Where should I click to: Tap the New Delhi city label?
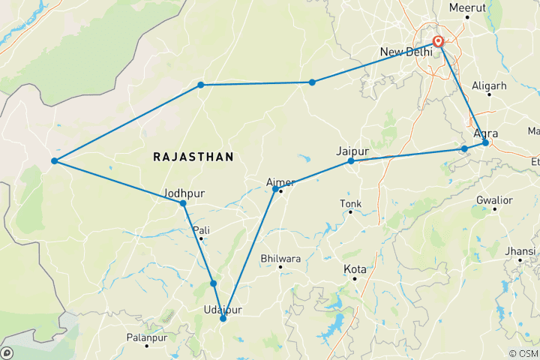[x=406, y=52]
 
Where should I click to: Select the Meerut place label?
[x=467, y=8]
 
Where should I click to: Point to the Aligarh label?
[x=489, y=86]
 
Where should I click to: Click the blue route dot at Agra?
[x=485, y=142]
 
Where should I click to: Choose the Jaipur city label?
[x=353, y=149]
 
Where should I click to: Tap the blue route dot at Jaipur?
[x=351, y=161]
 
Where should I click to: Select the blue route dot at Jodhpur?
[x=183, y=203]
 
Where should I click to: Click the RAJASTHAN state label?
[x=193, y=157]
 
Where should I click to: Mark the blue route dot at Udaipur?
[x=223, y=319]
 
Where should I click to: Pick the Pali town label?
[x=201, y=229]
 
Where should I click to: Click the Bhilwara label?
[x=280, y=258]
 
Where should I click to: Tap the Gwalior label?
[x=494, y=200]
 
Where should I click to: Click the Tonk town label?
[x=350, y=203]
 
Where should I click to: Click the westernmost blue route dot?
[x=54, y=161]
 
